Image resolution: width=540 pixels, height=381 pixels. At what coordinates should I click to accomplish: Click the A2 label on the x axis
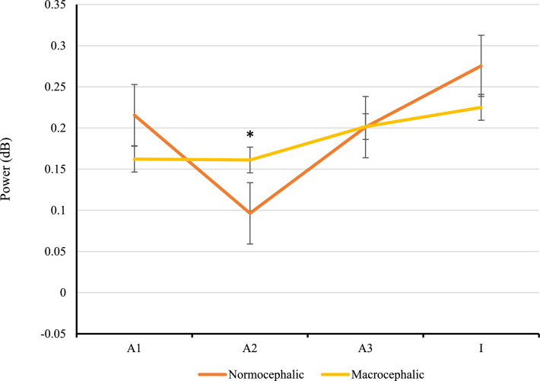[249, 347]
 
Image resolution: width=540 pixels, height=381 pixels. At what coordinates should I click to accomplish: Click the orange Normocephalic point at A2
[249, 213]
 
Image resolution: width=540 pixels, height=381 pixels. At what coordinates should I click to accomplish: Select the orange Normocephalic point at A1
[135, 115]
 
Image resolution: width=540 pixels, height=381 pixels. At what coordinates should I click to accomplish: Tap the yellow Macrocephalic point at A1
[135, 159]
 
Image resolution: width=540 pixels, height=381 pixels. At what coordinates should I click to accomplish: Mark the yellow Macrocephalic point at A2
[249, 160]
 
